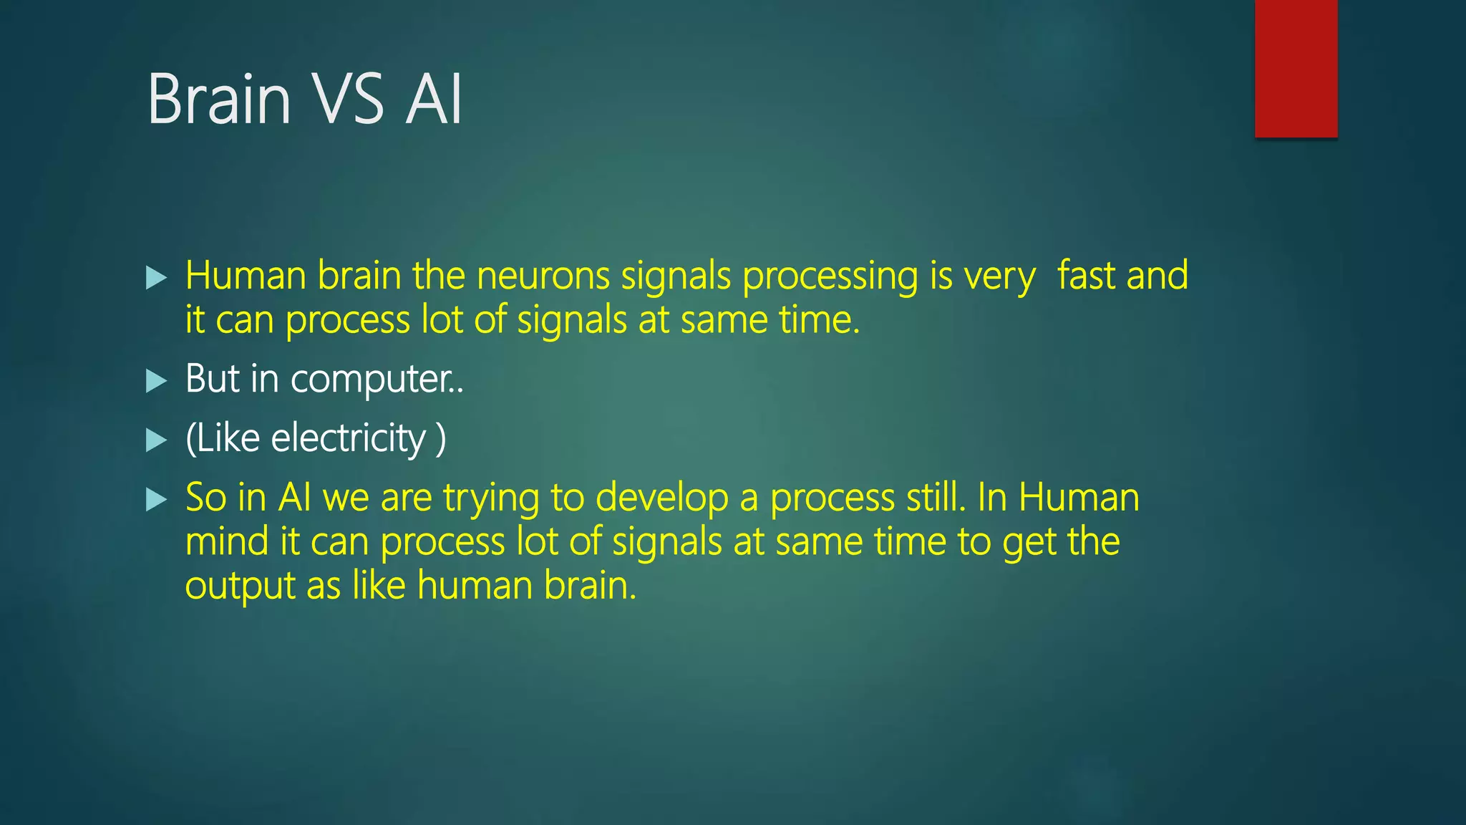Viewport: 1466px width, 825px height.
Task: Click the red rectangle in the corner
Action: pyautogui.click(x=1296, y=68)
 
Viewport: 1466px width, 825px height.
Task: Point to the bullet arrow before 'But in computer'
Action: pyautogui.click(x=156, y=380)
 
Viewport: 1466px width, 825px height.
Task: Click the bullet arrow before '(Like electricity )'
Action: pyautogui.click(x=156, y=440)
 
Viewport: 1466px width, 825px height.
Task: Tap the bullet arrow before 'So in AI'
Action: pyautogui.click(x=156, y=499)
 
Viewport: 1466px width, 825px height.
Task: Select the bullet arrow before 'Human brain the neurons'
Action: pyautogui.click(x=156, y=277)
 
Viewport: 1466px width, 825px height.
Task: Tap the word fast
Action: pyautogui.click(x=1086, y=276)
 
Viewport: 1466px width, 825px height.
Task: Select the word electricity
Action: pyautogui.click(x=349, y=439)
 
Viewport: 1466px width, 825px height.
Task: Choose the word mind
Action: pyautogui.click(x=227, y=541)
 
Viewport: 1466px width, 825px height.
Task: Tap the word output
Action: pyautogui.click(x=240, y=587)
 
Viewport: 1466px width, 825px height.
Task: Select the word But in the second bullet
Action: pyautogui.click(x=212, y=379)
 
